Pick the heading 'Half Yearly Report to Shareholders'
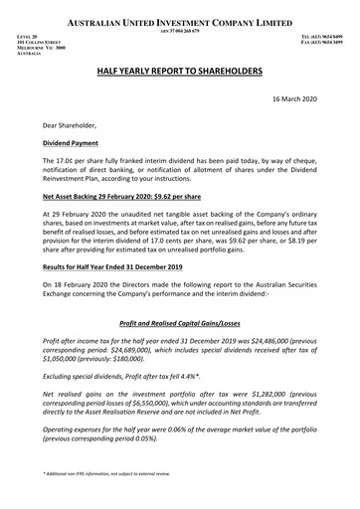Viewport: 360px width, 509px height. [180, 74]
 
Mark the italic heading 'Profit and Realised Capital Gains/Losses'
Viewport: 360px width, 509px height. [180, 324]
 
